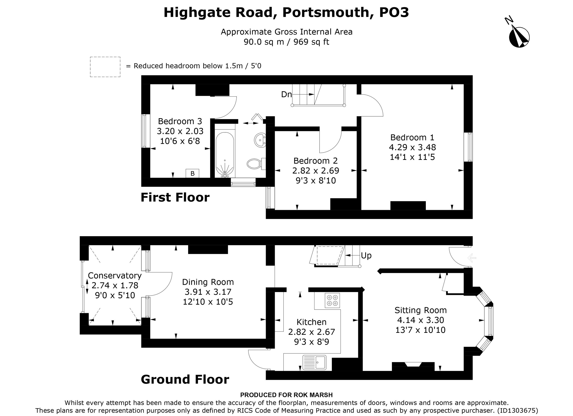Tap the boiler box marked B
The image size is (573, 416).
click(x=192, y=173)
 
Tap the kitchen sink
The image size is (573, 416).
click(x=314, y=362)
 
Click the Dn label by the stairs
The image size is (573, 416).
click(x=286, y=94)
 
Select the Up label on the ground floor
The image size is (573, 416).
click(x=366, y=256)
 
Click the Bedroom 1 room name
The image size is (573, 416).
click(x=412, y=137)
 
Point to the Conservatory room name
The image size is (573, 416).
click(x=115, y=275)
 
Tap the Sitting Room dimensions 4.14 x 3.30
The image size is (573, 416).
click(x=421, y=320)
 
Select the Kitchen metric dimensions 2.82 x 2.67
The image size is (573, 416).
click(x=311, y=332)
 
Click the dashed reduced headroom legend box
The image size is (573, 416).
click(x=105, y=67)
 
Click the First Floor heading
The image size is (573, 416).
click(x=175, y=197)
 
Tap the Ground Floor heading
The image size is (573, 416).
click(x=185, y=379)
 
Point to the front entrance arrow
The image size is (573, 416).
click(x=472, y=258)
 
